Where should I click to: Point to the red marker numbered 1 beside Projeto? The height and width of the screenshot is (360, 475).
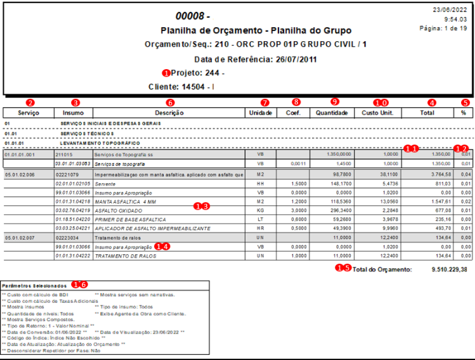click(x=167, y=72)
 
